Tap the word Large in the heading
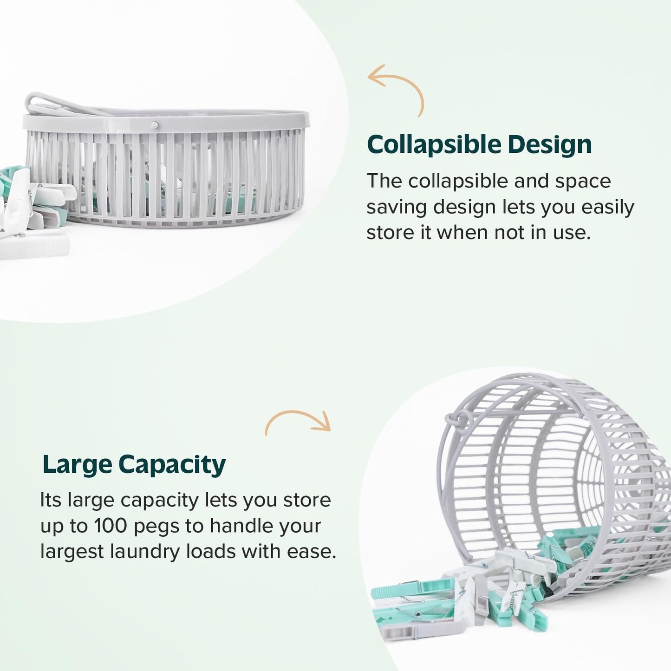pos(77,464)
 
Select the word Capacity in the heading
pos(172,465)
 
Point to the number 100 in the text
pos(110,526)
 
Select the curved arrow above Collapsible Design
pos(397,88)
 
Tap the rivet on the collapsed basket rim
pos(155,125)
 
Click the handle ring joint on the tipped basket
pos(452,419)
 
